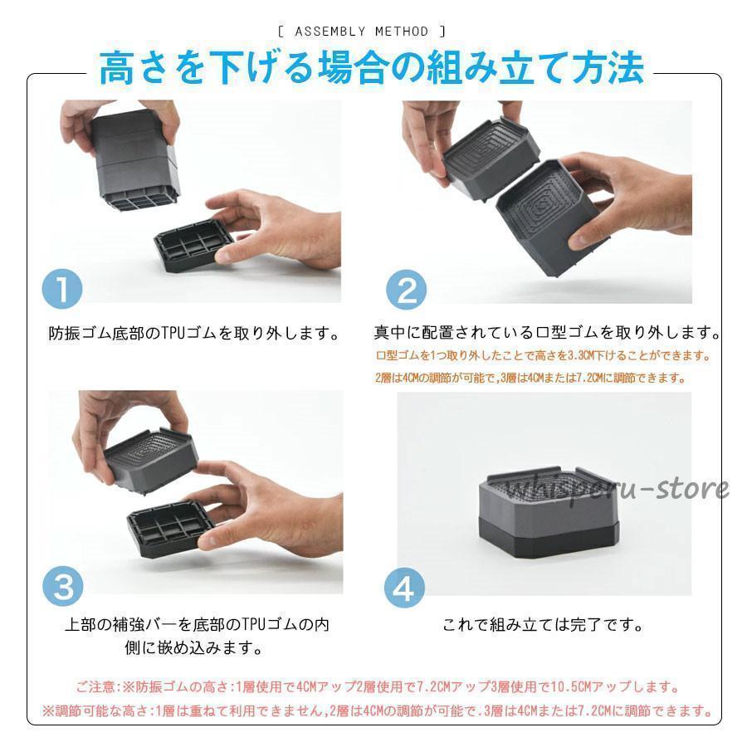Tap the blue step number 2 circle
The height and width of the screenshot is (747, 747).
coord(407,290)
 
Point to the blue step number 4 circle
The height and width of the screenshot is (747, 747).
coord(404,588)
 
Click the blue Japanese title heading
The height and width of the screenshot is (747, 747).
coord(372,68)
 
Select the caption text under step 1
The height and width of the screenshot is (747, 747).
coord(194,334)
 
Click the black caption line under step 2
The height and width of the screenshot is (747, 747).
coord(546,334)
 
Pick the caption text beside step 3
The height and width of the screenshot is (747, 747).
coord(196,635)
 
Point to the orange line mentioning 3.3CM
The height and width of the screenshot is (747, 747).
coord(544,356)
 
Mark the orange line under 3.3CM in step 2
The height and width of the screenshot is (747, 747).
coord(531,378)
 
